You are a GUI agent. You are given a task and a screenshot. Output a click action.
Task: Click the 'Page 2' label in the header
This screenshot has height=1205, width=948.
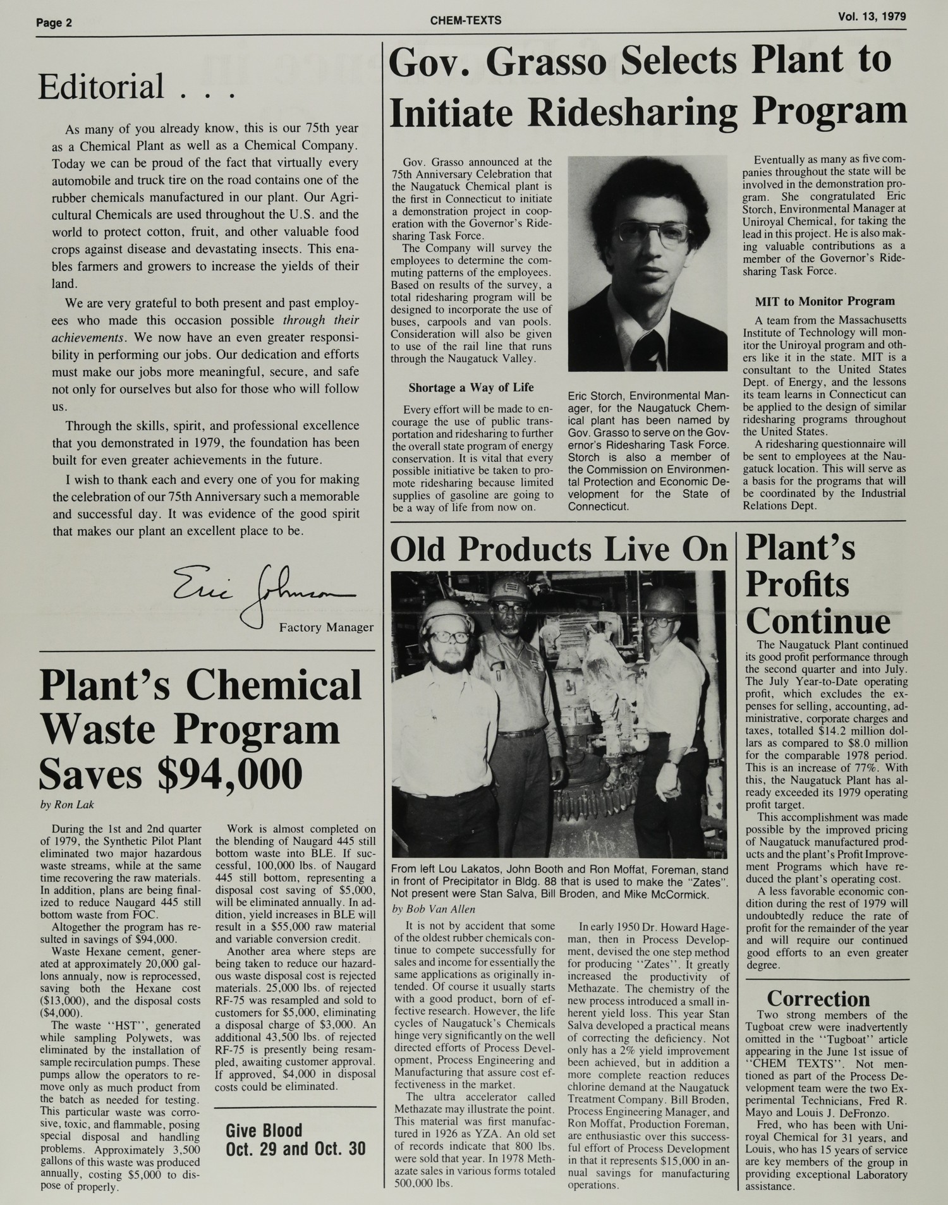[54, 23]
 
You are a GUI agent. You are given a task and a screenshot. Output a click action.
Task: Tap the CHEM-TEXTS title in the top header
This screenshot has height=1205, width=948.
[465, 20]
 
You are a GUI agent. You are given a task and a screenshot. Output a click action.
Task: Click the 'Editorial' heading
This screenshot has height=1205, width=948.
[101, 87]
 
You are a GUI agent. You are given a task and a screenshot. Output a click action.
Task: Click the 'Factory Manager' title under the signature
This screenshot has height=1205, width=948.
[326, 627]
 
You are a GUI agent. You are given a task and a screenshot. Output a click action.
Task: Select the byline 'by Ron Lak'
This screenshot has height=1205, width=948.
[66, 805]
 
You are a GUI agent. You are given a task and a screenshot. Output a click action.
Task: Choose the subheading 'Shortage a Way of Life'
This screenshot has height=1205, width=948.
[471, 387]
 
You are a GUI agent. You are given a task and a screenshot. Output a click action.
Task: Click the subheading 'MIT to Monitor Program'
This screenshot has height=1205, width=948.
[825, 301]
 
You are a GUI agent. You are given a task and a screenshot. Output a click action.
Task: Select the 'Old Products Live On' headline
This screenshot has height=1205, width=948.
[559, 548]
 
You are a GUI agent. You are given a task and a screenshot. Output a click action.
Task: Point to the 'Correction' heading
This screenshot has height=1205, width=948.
[818, 998]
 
